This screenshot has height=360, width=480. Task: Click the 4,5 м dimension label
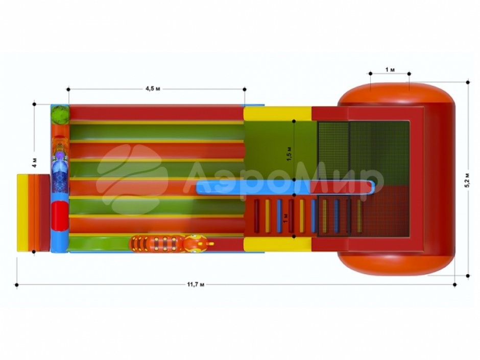(x=153, y=89)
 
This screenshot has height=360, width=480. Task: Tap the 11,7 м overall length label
(x=196, y=284)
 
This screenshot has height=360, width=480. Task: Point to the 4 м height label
(x=35, y=162)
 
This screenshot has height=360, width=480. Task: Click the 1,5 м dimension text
(x=290, y=154)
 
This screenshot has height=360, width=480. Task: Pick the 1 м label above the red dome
(x=390, y=70)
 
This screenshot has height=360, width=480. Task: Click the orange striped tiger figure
(x=172, y=244)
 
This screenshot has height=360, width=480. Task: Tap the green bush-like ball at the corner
(x=60, y=114)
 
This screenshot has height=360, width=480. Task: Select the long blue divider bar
(x=285, y=187)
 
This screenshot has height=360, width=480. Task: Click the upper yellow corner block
(x=277, y=113)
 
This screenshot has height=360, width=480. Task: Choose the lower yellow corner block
(x=277, y=245)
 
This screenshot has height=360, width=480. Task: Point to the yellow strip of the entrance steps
(x=22, y=213)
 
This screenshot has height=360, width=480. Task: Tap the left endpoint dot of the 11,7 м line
(x=16, y=285)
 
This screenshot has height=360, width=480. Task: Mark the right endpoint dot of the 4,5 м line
(x=245, y=89)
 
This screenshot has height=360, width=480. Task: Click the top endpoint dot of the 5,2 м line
(x=468, y=82)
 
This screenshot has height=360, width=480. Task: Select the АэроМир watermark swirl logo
(x=132, y=179)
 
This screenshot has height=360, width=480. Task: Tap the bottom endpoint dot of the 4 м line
(x=34, y=252)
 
